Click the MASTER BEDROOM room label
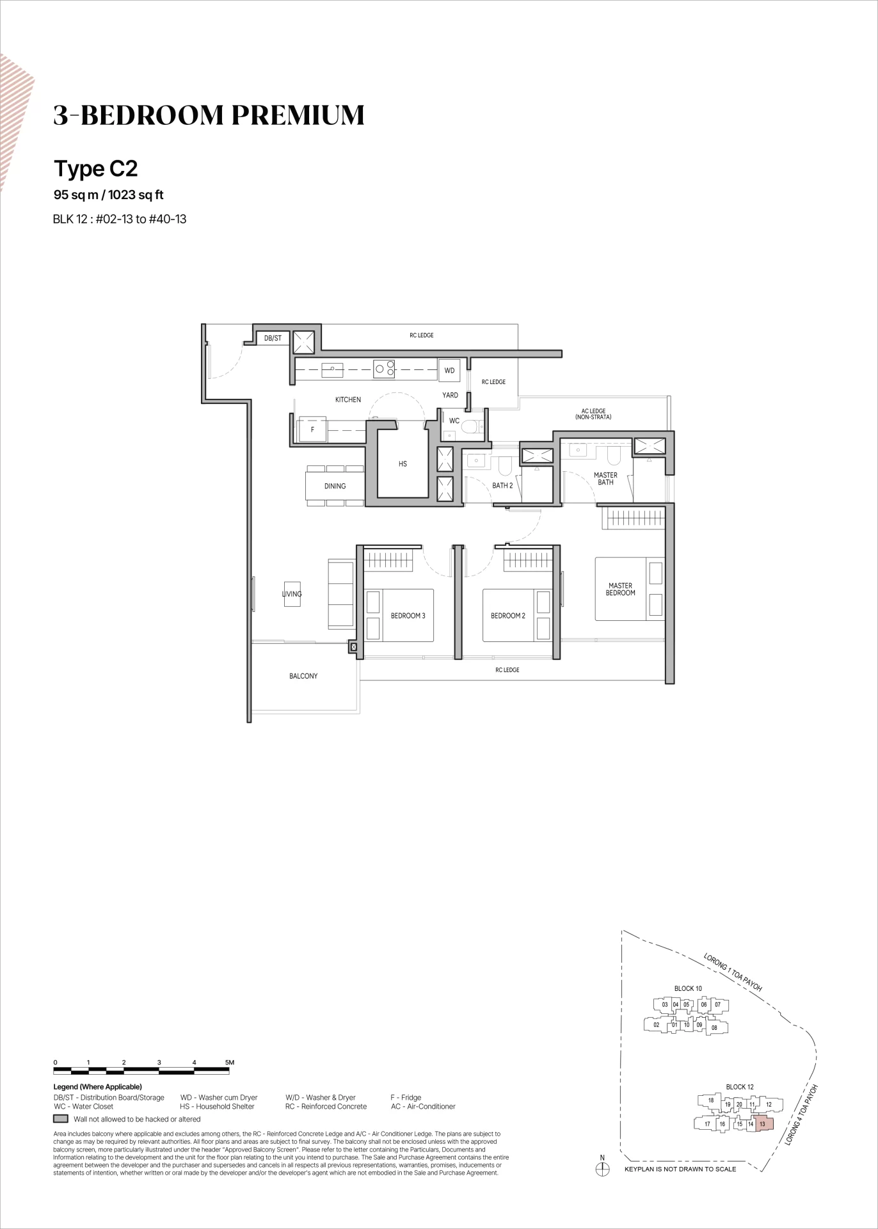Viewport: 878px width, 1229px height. tap(620, 589)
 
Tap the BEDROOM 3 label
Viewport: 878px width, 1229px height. tap(408, 616)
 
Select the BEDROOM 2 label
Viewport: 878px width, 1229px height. tap(507, 616)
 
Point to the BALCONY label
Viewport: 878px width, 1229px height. tap(303, 676)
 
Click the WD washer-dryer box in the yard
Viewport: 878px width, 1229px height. tap(449, 371)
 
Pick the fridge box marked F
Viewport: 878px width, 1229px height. tap(312, 430)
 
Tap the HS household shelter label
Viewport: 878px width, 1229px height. tap(403, 464)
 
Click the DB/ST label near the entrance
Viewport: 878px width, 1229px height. tap(273, 338)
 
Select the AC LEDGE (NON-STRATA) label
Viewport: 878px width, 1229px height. tap(593, 414)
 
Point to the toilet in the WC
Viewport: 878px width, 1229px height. tap(472, 426)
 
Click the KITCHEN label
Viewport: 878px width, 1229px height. tap(348, 399)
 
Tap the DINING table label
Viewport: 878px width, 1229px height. tap(335, 486)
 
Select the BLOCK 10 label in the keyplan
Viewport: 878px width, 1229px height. tap(688, 988)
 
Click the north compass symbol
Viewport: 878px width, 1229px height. tap(602, 1169)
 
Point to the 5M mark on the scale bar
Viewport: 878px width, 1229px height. tap(230, 1063)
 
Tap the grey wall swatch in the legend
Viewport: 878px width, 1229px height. tap(61, 1119)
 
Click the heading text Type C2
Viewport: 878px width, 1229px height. tap(96, 168)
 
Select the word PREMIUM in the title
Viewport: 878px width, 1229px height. tap(298, 115)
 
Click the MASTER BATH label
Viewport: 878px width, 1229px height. tap(605, 479)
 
